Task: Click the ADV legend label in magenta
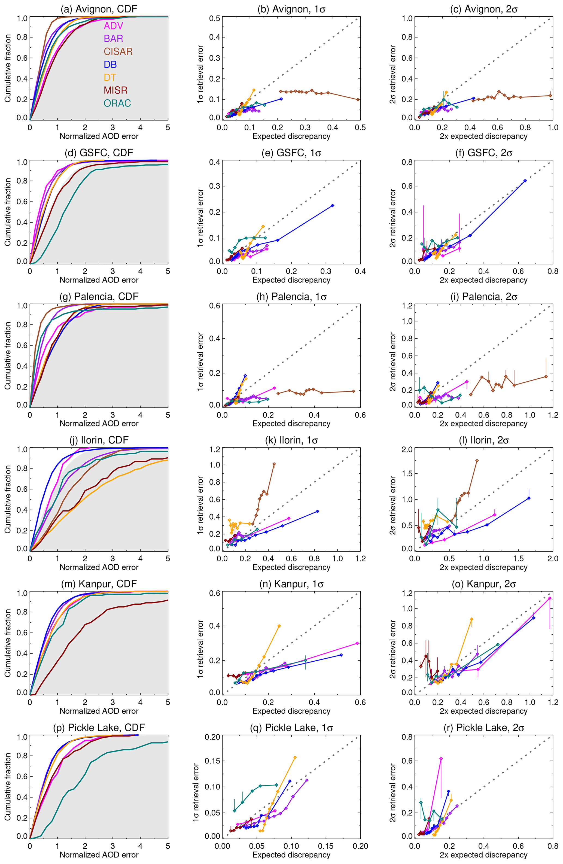113,26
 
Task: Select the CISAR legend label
118,51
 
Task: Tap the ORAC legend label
117,103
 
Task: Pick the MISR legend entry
115,90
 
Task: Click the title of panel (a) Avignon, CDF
99,9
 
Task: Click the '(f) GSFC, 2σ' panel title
484,153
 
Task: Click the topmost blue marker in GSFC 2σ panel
525,181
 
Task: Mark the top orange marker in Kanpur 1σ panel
279,626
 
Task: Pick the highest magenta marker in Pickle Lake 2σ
441,758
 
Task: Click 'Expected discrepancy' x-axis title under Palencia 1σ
291,424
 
